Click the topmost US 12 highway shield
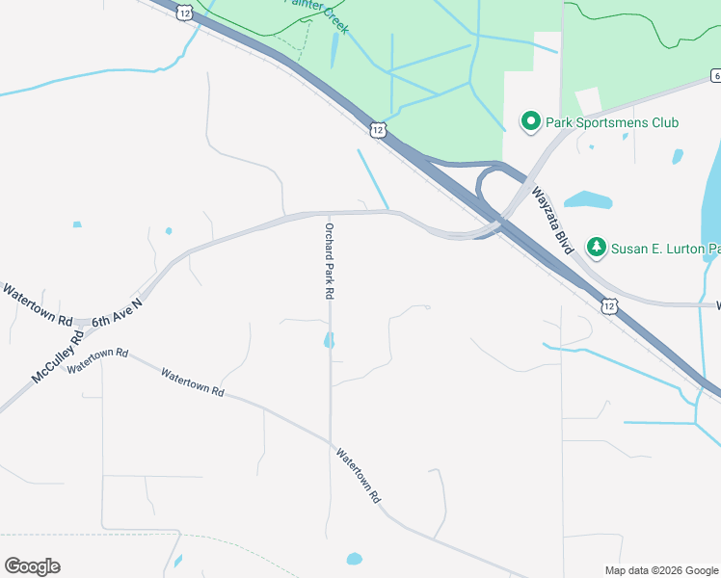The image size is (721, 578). (x=184, y=12)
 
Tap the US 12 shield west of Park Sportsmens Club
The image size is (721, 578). (x=378, y=128)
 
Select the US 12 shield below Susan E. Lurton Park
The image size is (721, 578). (x=608, y=305)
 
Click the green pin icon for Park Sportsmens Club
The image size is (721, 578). (x=530, y=121)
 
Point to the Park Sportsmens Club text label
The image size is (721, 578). (x=612, y=122)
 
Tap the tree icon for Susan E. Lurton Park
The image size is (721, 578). (x=598, y=248)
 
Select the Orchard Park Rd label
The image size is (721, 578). (x=329, y=260)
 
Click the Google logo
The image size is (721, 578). (x=32, y=566)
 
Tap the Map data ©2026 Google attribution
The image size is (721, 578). (x=662, y=570)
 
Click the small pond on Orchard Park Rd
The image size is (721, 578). (x=330, y=340)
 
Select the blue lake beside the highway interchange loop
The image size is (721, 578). (x=588, y=200)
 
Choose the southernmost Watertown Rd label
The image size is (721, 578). (x=359, y=474)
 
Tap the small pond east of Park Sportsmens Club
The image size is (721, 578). (x=678, y=155)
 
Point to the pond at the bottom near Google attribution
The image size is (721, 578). (x=354, y=559)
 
